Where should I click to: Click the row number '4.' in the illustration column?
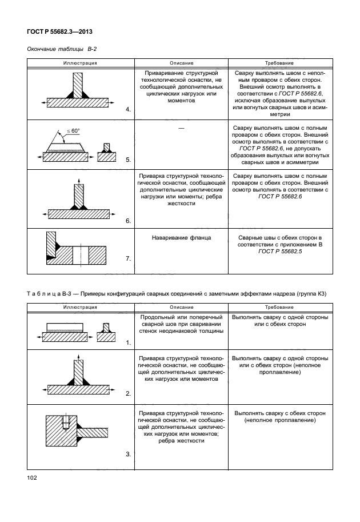click(129, 109)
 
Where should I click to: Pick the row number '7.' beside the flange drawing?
click(129, 259)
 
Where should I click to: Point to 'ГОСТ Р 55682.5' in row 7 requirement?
click(279, 252)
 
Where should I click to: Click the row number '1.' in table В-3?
click(129, 342)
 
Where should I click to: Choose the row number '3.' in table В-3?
click(129, 454)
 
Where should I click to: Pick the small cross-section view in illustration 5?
click(106, 153)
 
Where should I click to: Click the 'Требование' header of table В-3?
click(279, 307)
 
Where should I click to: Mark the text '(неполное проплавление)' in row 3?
click(279, 420)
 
